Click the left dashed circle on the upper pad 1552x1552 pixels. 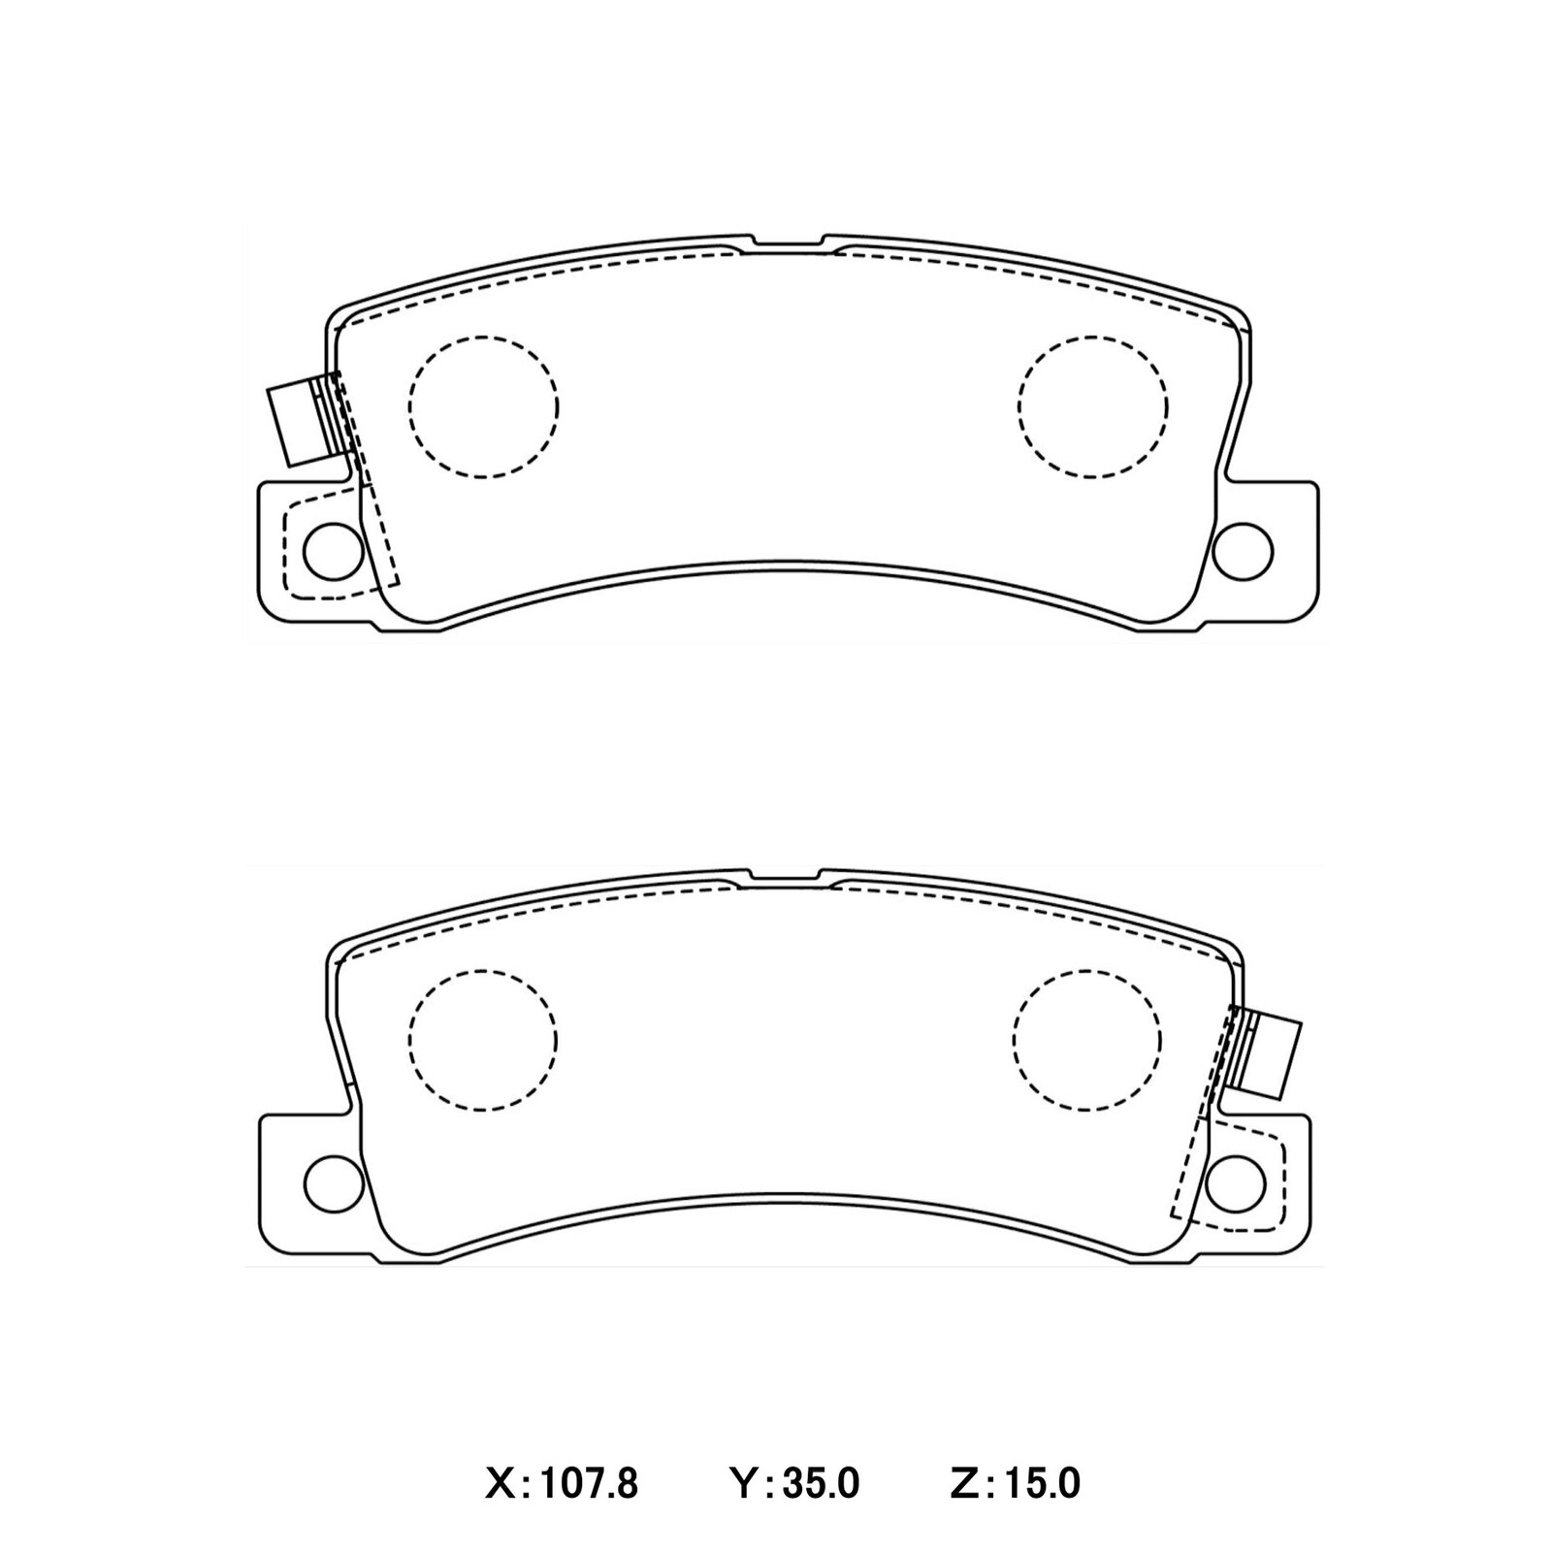(x=483, y=406)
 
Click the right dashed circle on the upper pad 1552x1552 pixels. (x=1093, y=406)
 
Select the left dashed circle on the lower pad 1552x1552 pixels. (x=483, y=1040)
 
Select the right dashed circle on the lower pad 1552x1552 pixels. (x=1086, y=1040)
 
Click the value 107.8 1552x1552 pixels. (x=588, y=1483)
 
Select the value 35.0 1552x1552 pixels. (x=821, y=1483)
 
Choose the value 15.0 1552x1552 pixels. (x=1042, y=1483)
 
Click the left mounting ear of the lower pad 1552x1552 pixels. (x=291, y=1183)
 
